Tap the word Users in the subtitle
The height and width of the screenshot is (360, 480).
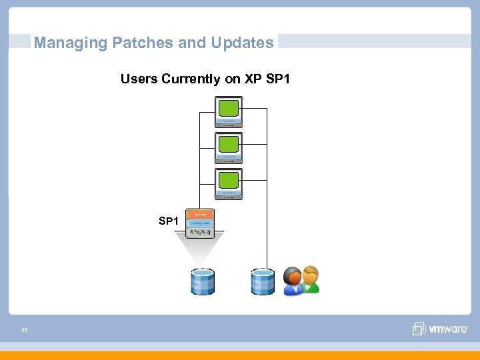[137, 79]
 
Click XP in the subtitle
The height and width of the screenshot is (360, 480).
[251, 79]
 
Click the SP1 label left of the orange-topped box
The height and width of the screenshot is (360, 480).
[168, 221]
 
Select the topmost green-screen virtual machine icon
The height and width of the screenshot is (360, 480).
[229, 111]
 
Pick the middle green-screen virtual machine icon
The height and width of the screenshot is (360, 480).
[229, 147]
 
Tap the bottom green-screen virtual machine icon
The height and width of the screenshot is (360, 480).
[229, 183]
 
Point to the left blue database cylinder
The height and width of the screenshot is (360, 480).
[202, 281]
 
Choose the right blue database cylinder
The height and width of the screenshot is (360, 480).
[262, 281]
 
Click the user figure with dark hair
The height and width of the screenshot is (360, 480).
[293, 281]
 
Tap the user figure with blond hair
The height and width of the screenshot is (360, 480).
[310, 280]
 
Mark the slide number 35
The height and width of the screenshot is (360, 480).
[24, 329]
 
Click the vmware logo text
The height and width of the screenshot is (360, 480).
[449, 329]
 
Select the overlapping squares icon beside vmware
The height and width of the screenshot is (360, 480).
[419, 329]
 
